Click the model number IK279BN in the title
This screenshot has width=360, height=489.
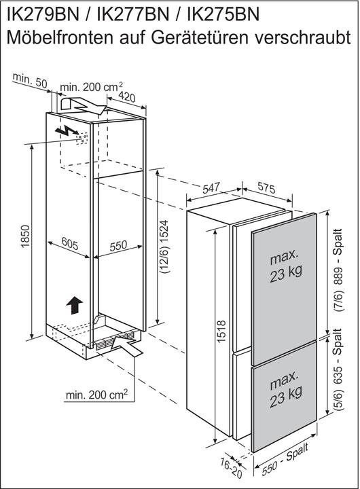[x=43, y=14]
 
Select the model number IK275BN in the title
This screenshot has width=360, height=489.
[x=223, y=14]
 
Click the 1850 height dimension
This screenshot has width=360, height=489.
[x=25, y=237]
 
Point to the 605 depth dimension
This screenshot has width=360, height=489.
[x=70, y=243]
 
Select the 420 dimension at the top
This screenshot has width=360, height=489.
[x=127, y=97]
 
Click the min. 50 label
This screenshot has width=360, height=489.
[x=30, y=80]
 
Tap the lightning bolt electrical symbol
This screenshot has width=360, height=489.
[x=66, y=132]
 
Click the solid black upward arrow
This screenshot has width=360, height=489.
[x=74, y=305]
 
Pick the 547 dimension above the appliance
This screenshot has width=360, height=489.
[x=211, y=187]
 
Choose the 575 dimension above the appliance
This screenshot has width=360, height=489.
[x=266, y=187]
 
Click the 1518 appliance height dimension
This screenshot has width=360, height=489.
[x=221, y=331]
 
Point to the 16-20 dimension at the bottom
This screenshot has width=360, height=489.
[x=232, y=467]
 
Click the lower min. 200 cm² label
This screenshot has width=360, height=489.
[x=96, y=395]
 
